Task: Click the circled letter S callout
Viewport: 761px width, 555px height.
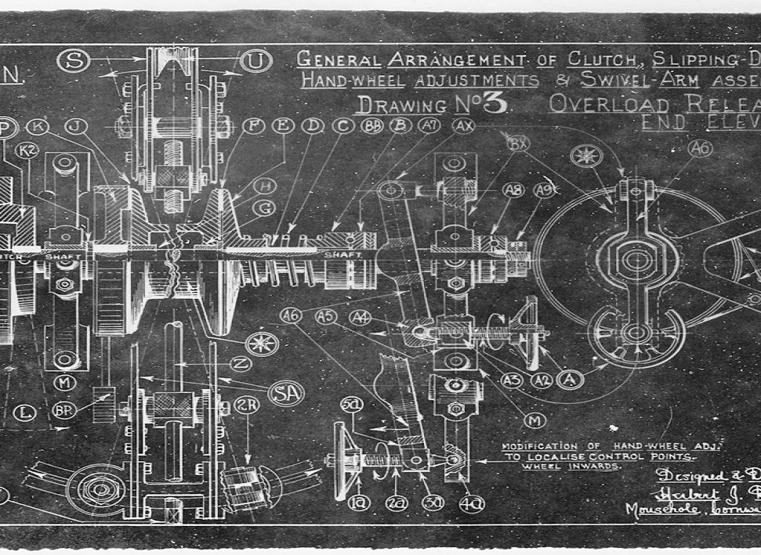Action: pos(73,60)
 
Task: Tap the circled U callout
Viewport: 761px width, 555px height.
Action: pos(256,59)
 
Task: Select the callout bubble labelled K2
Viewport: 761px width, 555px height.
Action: pos(27,150)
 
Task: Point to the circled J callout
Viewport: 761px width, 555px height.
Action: pos(75,126)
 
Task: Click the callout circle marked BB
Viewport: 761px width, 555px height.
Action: pos(372,125)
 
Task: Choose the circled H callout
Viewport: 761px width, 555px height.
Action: pos(266,186)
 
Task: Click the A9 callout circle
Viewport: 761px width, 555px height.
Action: pos(544,189)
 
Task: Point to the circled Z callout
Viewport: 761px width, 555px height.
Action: pos(242,364)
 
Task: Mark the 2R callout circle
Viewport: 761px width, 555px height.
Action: pos(246,405)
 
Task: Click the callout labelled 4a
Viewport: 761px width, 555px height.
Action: pos(471,503)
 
